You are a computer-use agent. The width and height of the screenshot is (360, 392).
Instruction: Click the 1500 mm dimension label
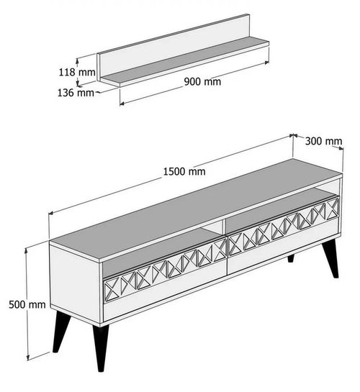coord(184,171)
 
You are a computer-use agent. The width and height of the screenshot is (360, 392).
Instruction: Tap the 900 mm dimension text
coord(204,82)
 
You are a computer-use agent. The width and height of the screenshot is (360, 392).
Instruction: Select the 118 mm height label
coord(77,72)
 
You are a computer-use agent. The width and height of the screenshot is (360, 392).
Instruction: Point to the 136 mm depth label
coord(76,92)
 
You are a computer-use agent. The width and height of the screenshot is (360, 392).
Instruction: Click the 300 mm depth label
coord(323,141)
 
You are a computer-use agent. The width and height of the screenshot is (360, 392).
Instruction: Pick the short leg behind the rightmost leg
coord(292,257)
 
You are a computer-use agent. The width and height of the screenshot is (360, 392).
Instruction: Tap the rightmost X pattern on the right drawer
coord(332,209)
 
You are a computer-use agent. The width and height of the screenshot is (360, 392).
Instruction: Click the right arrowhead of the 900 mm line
coord(266,63)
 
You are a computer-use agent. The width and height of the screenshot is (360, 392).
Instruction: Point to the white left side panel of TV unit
coord(76,281)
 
